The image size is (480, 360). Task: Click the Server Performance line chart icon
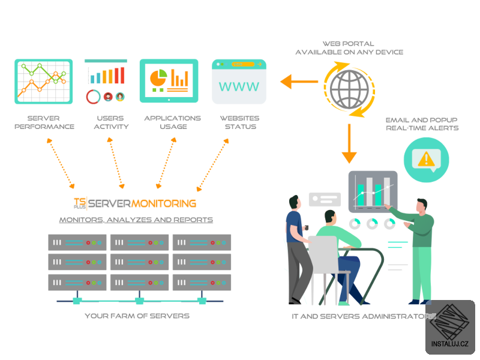point(44,81)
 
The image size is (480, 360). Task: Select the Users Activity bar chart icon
point(106,81)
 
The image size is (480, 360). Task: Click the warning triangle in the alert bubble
point(426,159)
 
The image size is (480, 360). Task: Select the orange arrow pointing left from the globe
point(299,81)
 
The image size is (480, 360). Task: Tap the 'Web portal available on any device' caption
point(349,48)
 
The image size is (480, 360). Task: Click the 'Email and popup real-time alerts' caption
point(422,124)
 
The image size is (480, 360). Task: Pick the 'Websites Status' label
point(239,122)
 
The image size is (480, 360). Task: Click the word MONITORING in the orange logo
point(164,203)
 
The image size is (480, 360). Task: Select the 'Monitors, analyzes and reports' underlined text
point(136,220)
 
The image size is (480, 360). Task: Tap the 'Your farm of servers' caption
point(137,315)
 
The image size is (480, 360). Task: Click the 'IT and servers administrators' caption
point(363,315)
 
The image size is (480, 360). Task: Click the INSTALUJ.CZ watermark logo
point(450,327)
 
